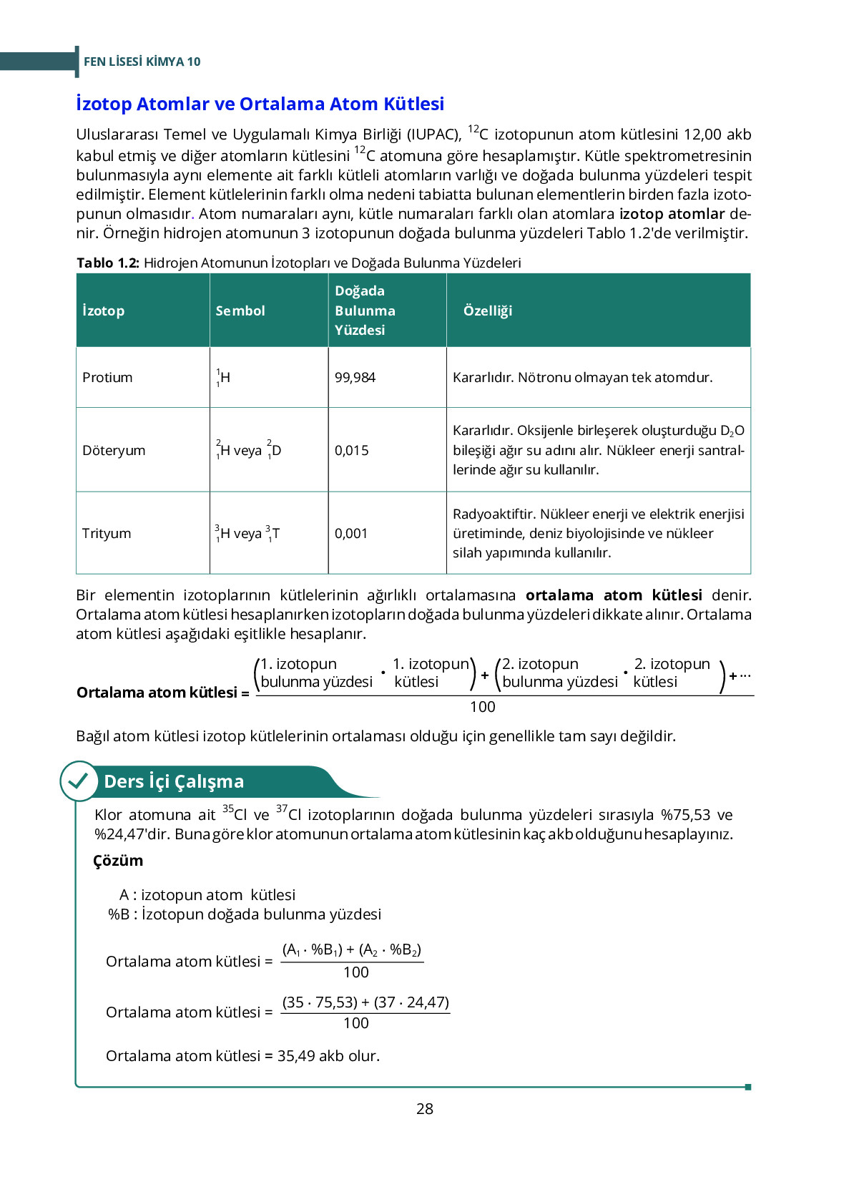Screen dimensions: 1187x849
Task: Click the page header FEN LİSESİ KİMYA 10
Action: (x=142, y=62)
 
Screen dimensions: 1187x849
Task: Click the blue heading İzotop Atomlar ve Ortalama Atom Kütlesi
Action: (x=260, y=104)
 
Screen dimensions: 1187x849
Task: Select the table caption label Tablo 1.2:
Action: (x=108, y=263)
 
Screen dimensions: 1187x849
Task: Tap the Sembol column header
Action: (x=240, y=311)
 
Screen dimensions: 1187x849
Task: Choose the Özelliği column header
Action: (x=488, y=311)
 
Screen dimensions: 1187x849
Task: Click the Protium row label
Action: (x=107, y=377)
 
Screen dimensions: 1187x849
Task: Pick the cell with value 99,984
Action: (x=355, y=377)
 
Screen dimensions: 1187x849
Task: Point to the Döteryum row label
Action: (x=114, y=450)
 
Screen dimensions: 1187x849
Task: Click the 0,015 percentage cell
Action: (x=351, y=450)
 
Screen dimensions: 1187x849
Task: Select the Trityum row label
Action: (x=107, y=533)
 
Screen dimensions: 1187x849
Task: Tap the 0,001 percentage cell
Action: (x=350, y=533)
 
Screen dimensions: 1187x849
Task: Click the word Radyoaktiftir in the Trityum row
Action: (x=494, y=514)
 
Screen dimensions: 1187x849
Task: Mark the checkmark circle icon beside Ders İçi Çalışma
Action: (x=78, y=781)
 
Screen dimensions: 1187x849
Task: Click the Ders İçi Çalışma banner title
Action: (x=174, y=781)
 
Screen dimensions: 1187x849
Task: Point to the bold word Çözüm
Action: (x=118, y=860)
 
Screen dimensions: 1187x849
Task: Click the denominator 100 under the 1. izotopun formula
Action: (x=482, y=707)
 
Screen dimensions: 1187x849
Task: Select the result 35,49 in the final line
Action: (x=296, y=1055)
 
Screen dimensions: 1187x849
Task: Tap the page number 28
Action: (x=424, y=1108)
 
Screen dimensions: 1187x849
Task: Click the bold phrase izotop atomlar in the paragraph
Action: (x=672, y=214)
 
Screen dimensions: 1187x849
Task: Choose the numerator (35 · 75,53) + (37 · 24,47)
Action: (x=365, y=1002)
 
